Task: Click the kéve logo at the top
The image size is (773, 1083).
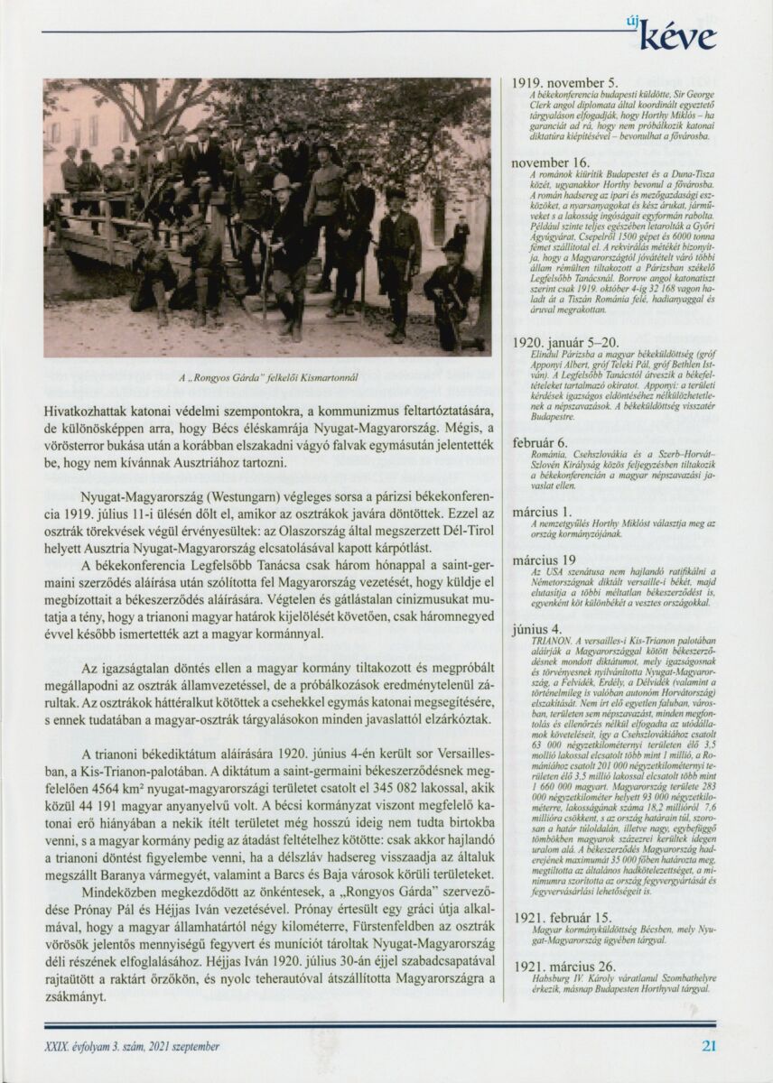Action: tap(677, 36)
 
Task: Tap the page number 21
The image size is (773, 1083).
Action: tap(709, 1046)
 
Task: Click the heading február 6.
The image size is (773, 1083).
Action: tap(540, 442)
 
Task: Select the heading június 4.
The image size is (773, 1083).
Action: tap(536, 628)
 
